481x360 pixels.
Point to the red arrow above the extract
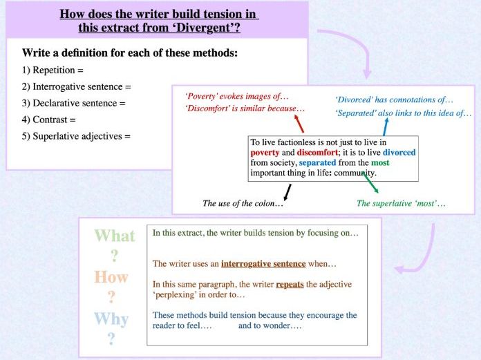pyautogui.click(x=299, y=124)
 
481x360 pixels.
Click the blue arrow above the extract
pyautogui.click(x=386, y=126)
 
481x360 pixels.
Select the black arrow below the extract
pyautogui.click(x=287, y=190)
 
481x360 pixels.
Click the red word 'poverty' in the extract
pyautogui.click(x=265, y=152)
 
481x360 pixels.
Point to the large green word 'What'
pyautogui.click(x=115, y=236)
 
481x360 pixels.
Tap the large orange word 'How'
pyautogui.click(x=111, y=277)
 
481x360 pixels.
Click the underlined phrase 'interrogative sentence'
pyautogui.click(x=263, y=263)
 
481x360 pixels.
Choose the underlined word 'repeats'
pyautogui.click(x=290, y=284)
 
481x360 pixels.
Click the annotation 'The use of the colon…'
pyautogui.click(x=243, y=203)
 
